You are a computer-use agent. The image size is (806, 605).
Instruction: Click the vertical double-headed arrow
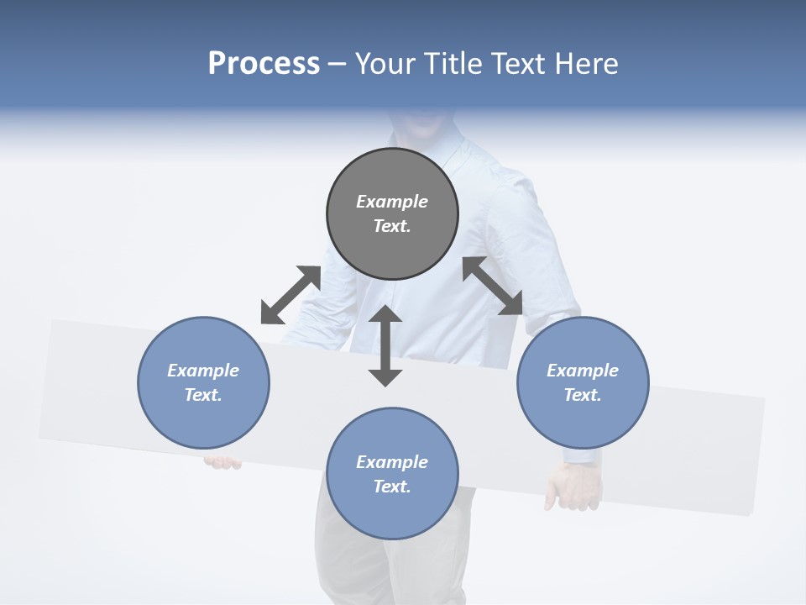385,345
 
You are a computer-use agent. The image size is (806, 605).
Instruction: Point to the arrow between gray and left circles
290,295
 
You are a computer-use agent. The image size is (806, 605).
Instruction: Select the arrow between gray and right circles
493,287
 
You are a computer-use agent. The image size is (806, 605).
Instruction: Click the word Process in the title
264,63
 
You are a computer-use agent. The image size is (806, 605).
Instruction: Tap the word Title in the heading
448,63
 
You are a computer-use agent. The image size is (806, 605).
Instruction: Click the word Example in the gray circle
392,202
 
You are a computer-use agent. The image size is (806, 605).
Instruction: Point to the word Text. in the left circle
203,395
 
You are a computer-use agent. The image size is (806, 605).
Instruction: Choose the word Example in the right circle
583,371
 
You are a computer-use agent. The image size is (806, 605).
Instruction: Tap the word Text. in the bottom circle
392,487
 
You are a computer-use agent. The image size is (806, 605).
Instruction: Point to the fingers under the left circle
222,462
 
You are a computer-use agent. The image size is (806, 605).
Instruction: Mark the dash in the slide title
338,64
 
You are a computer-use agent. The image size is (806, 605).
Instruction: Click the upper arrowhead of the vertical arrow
385,314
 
